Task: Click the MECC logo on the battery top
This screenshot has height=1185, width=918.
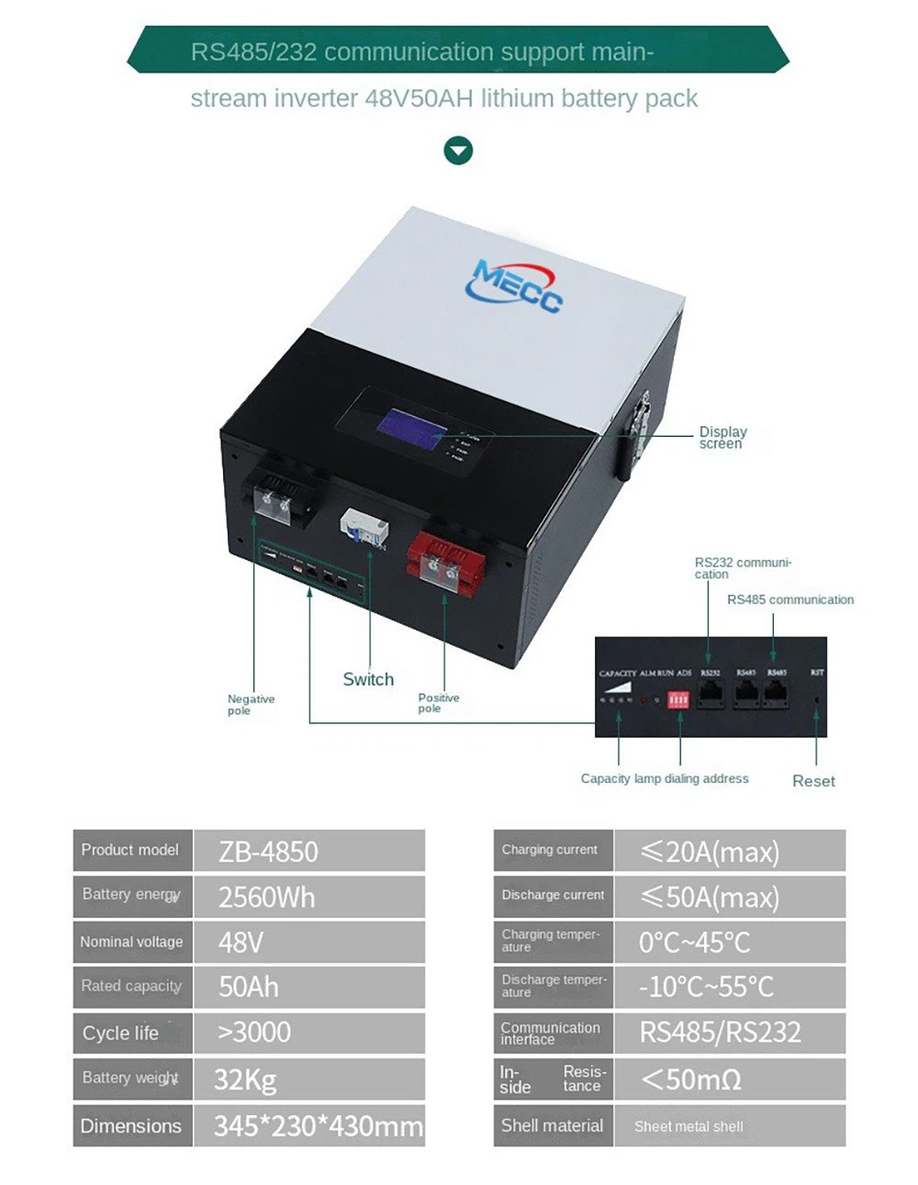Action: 514,285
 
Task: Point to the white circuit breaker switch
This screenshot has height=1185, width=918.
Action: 364,531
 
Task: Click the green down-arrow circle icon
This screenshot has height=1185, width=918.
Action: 458,151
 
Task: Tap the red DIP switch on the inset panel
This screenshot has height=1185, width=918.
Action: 678,700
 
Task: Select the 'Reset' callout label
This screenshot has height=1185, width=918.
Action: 813,781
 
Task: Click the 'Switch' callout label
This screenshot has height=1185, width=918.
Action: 368,679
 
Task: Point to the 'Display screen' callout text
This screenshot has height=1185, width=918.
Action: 722,438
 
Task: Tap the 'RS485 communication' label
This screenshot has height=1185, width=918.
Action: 790,599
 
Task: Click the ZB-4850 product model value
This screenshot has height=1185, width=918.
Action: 268,852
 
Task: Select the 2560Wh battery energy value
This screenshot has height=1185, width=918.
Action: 266,897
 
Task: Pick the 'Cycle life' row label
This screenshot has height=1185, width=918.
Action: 120,1033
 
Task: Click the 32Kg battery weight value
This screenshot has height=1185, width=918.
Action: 245,1079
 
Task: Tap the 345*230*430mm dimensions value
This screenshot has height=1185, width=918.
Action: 319,1125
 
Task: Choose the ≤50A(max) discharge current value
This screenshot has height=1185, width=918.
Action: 710,897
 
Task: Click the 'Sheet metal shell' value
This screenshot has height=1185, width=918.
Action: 688,1126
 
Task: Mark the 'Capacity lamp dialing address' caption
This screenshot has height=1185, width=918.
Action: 665,778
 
